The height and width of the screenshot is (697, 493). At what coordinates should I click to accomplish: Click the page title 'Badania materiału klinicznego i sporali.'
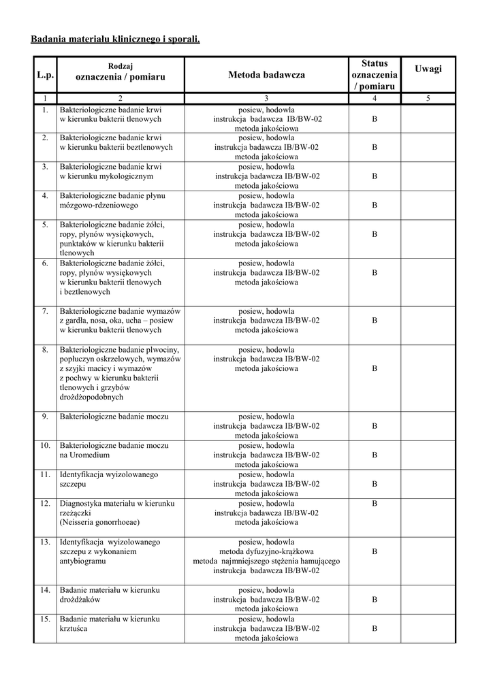116,39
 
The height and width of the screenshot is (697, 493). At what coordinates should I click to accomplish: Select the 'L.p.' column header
45,75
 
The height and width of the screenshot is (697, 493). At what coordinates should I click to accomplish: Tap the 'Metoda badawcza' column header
266,75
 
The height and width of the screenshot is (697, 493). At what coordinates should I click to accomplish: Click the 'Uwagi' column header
428,69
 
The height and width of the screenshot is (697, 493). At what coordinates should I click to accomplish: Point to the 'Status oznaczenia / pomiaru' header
374,75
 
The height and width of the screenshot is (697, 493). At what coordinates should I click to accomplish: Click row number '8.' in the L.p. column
45,350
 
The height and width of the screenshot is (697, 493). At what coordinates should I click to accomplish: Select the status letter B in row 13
374,551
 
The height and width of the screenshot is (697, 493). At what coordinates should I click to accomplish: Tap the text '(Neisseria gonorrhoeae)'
99,523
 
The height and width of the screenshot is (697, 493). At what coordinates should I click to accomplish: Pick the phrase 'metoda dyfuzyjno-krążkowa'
266,551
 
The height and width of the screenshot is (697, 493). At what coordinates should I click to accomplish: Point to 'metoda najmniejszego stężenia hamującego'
266,561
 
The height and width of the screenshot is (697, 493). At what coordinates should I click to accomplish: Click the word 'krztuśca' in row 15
74,629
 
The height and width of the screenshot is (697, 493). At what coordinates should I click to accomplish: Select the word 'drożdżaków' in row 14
80,600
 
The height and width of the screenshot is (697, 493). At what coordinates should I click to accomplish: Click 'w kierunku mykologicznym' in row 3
106,176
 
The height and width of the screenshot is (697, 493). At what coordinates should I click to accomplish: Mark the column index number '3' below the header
266,99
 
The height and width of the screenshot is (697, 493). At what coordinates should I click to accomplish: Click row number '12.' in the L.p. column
45,503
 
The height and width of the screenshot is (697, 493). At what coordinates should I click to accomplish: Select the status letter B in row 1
374,118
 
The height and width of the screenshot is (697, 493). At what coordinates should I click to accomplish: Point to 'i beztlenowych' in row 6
85,292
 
